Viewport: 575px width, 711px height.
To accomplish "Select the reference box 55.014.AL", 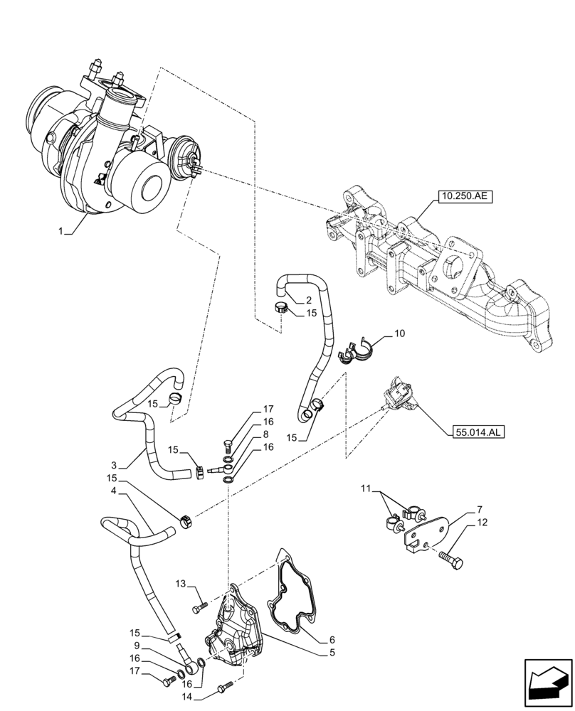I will click(476, 432).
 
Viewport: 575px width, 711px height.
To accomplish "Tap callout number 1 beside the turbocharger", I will click(61, 231).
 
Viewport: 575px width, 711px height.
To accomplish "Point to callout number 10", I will click(399, 333).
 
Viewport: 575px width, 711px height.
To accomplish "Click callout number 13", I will click(181, 584).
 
